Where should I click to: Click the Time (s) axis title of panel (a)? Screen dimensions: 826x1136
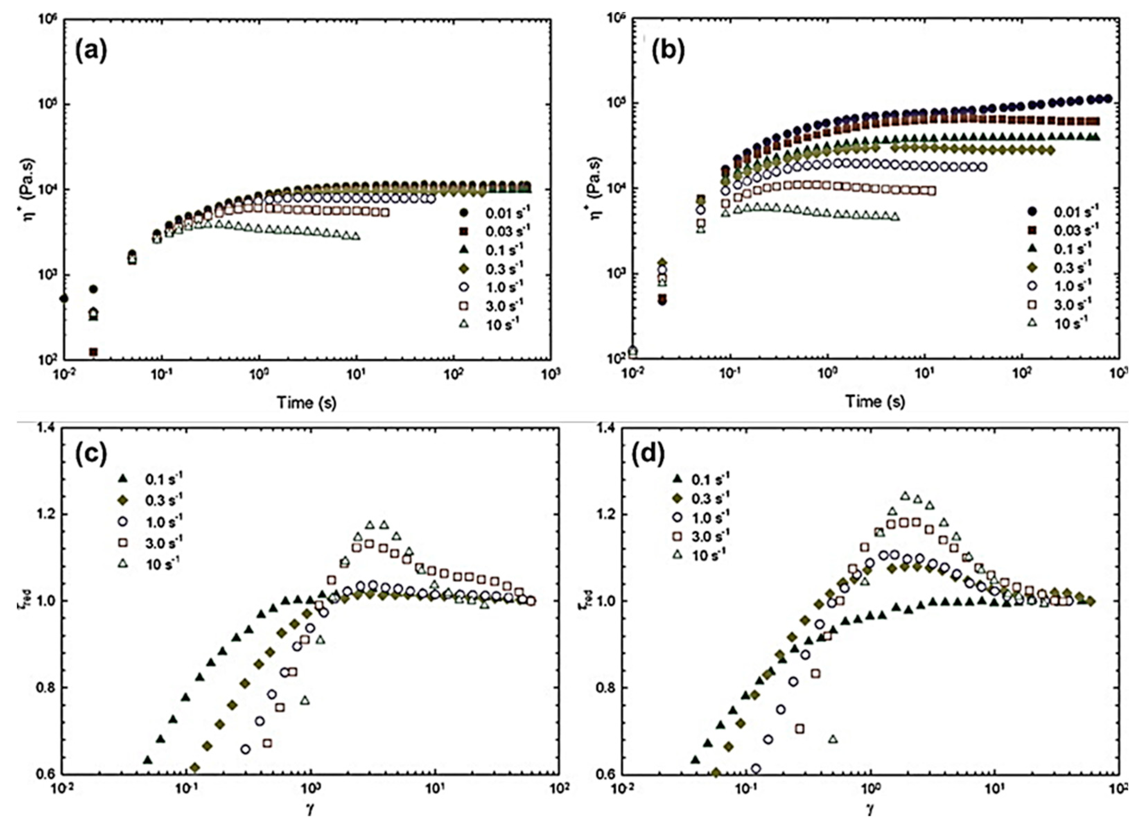click(x=307, y=402)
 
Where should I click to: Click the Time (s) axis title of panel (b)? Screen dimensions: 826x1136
click(x=875, y=401)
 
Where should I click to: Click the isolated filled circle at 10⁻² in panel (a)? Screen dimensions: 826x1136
click(x=64, y=298)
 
